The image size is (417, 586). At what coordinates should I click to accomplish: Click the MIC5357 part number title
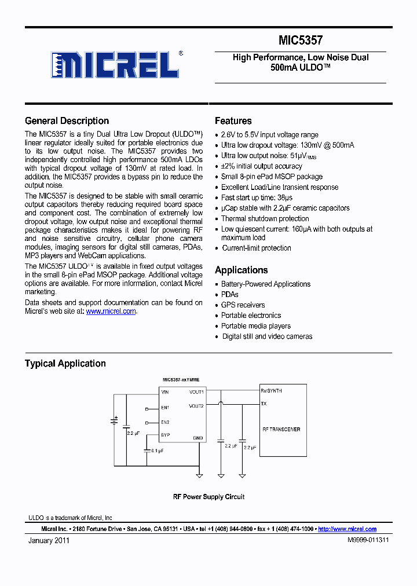coord(301,41)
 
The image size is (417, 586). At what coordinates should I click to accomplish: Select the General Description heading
coord(67,121)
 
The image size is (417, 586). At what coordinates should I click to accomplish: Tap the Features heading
coord(233,121)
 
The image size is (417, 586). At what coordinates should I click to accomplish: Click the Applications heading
coord(241,270)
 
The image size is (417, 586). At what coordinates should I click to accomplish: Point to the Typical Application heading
coord(65,364)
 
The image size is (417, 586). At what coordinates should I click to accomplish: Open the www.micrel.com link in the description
coord(111,311)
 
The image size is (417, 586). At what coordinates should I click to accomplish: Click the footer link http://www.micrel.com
coord(347,529)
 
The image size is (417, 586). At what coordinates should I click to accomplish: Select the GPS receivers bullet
coord(243,305)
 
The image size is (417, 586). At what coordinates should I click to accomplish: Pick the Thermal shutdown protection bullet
coord(265,219)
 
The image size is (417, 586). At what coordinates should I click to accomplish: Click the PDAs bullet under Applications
coord(229,295)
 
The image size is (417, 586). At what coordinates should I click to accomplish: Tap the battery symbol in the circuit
coord(114,420)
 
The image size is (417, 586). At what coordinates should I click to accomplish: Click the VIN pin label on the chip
coord(165,392)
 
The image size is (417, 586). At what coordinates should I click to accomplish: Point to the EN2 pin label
coord(165,422)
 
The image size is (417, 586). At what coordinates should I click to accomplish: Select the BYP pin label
coord(166,435)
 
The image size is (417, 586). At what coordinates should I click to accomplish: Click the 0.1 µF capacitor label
coord(157,450)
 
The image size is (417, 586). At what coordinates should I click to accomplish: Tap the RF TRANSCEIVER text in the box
coord(281,430)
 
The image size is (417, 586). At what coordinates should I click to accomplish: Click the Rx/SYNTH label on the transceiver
coord(271,391)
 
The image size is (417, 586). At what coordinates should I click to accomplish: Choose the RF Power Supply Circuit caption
coord(209,497)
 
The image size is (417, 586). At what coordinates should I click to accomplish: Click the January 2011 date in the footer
coord(49,540)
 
